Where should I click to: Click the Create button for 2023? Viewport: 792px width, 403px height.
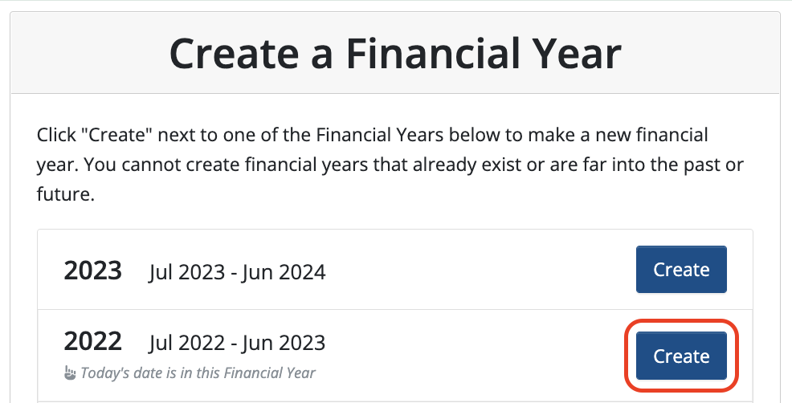(681, 269)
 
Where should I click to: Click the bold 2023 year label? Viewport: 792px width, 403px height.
(92, 271)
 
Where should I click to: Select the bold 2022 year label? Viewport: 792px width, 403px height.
(92, 341)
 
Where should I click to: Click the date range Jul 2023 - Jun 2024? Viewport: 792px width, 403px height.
(237, 272)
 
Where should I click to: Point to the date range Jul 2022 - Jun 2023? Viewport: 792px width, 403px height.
(237, 343)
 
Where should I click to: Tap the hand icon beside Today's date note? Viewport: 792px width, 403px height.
(70, 373)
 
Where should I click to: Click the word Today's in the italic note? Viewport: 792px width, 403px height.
(104, 373)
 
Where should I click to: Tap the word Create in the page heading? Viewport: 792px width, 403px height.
(235, 54)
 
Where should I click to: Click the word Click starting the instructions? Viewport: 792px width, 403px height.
(56, 135)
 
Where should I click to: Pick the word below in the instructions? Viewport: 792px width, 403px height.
(470, 135)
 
